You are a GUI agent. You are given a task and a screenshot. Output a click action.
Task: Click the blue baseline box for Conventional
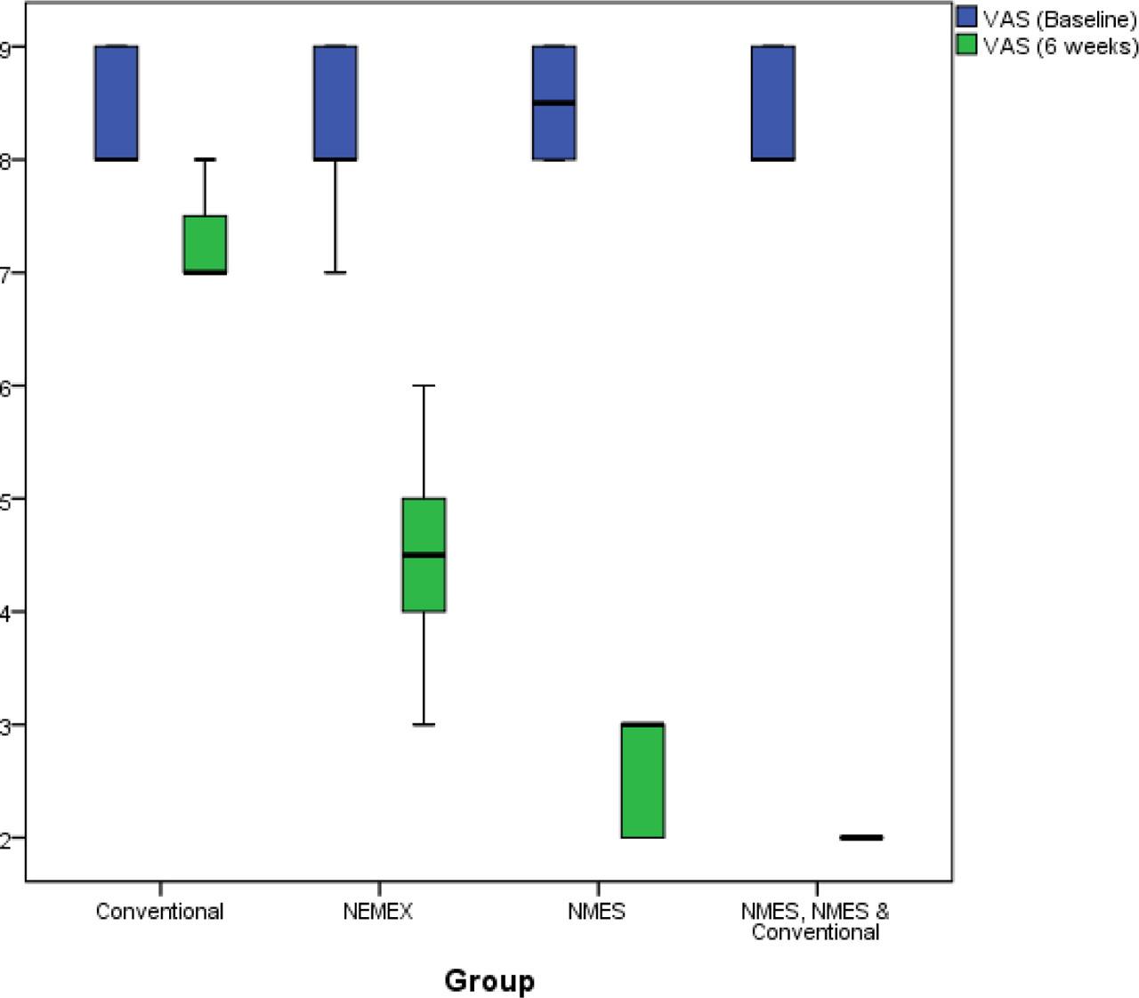click(x=117, y=102)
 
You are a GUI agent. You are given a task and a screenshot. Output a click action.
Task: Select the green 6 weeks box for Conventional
click(x=205, y=244)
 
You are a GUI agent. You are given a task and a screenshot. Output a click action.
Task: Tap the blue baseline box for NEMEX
click(x=335, y=102)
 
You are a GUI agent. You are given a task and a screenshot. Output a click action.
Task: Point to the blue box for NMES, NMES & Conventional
click(x=773, y=102)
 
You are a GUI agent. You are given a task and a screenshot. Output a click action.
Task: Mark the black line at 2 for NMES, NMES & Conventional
click(x=861, y=837)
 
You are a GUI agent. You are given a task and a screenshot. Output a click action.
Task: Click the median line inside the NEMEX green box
click(x=424, y=555)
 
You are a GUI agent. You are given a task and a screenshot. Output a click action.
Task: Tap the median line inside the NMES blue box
click(x=554, y=103)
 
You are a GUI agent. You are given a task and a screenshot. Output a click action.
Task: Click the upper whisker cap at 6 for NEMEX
click(x=424, y=386)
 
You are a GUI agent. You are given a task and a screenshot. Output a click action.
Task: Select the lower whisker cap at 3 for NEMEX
click(x=424, y=725)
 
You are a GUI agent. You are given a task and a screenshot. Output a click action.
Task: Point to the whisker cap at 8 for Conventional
click(x=205, y=159)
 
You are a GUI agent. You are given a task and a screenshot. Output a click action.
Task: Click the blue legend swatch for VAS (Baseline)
click(x=967, y=18)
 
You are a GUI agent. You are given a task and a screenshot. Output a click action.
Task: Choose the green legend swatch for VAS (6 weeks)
click(x=967, y=44)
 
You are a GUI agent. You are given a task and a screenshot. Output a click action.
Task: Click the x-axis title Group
click(x=489, y=980)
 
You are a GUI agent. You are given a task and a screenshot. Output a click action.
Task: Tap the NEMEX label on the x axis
click(x=377, y=912)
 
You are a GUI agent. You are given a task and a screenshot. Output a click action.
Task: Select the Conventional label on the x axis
click(x=159, y=912)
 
